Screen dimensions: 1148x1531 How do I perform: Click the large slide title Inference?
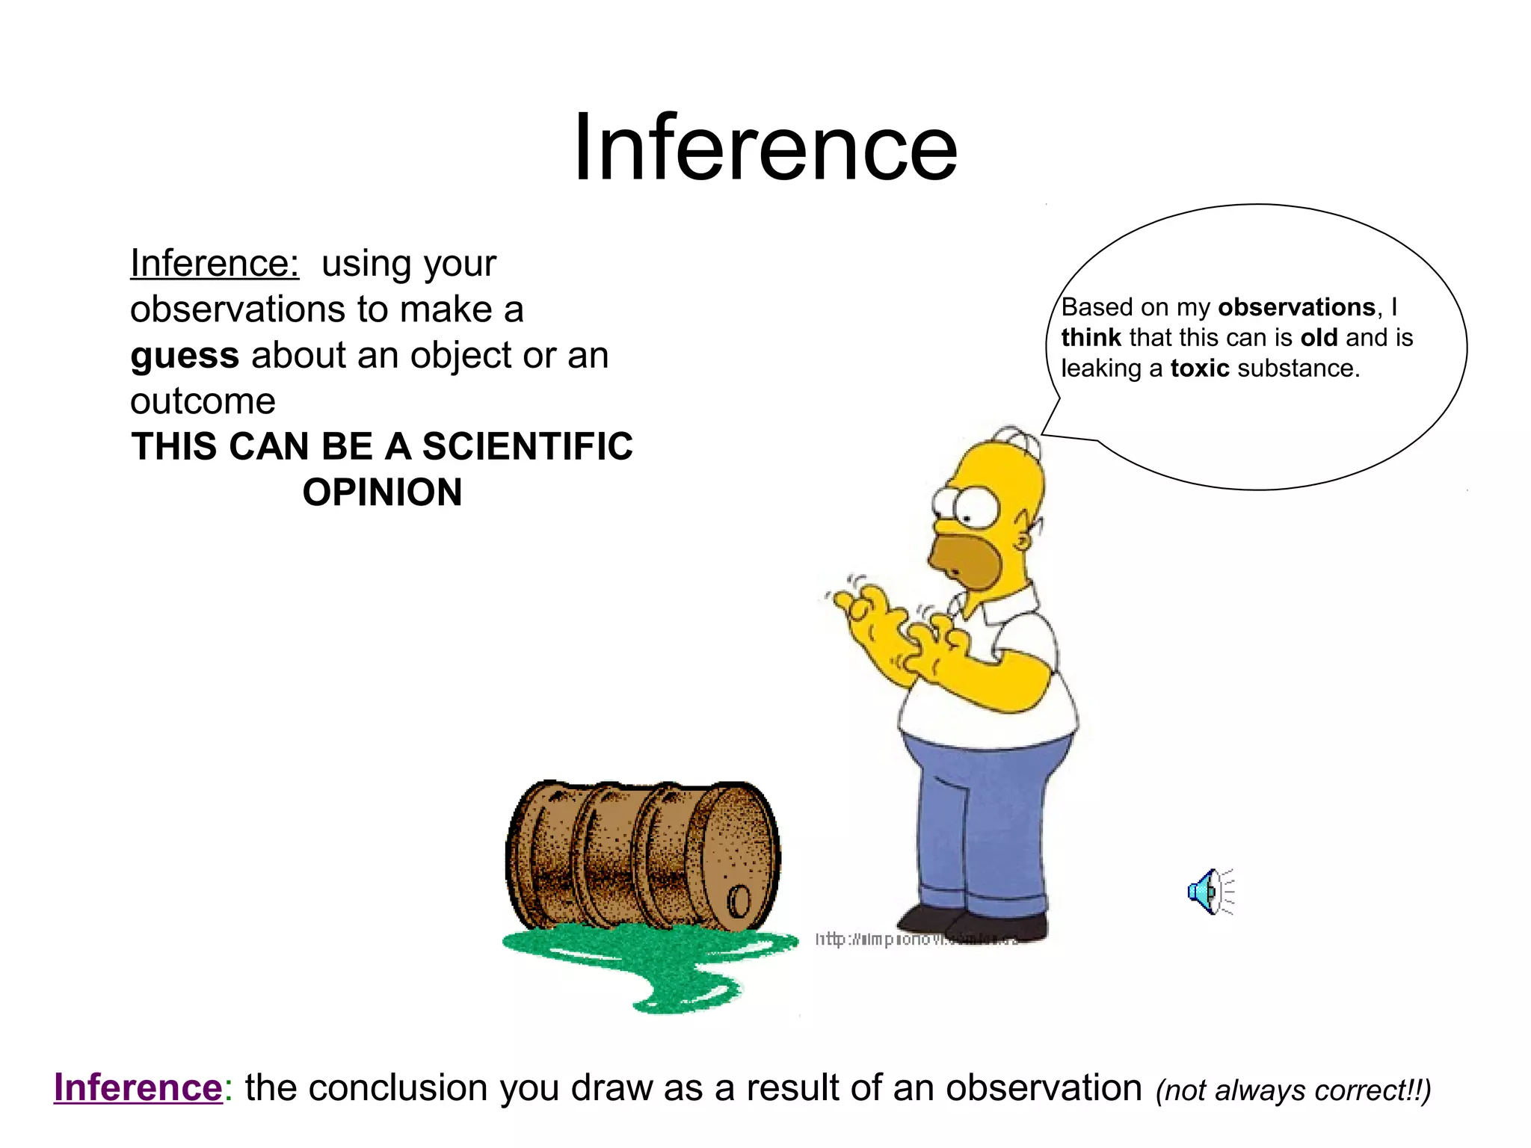click(765, 147)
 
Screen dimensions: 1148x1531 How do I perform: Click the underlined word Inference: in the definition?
click(215, 263)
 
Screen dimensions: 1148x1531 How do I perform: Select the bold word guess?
click(185, 356)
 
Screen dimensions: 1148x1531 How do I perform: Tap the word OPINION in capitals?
click(382, 493)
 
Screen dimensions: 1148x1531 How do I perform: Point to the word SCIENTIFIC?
click(528, 447)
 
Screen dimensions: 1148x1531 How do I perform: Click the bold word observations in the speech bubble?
click(1296, 307)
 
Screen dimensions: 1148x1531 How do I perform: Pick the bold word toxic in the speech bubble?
click(1199, 368)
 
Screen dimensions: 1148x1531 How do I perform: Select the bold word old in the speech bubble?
click(1319, 338)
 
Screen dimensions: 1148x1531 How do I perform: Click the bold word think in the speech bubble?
click(1091, 338)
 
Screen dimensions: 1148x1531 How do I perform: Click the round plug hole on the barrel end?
click(739, 901)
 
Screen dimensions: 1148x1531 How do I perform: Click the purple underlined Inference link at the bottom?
click(138, 1087)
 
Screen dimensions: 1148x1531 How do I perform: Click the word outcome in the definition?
click(203, 401)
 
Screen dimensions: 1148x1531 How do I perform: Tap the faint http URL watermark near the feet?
click(916, 939)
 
